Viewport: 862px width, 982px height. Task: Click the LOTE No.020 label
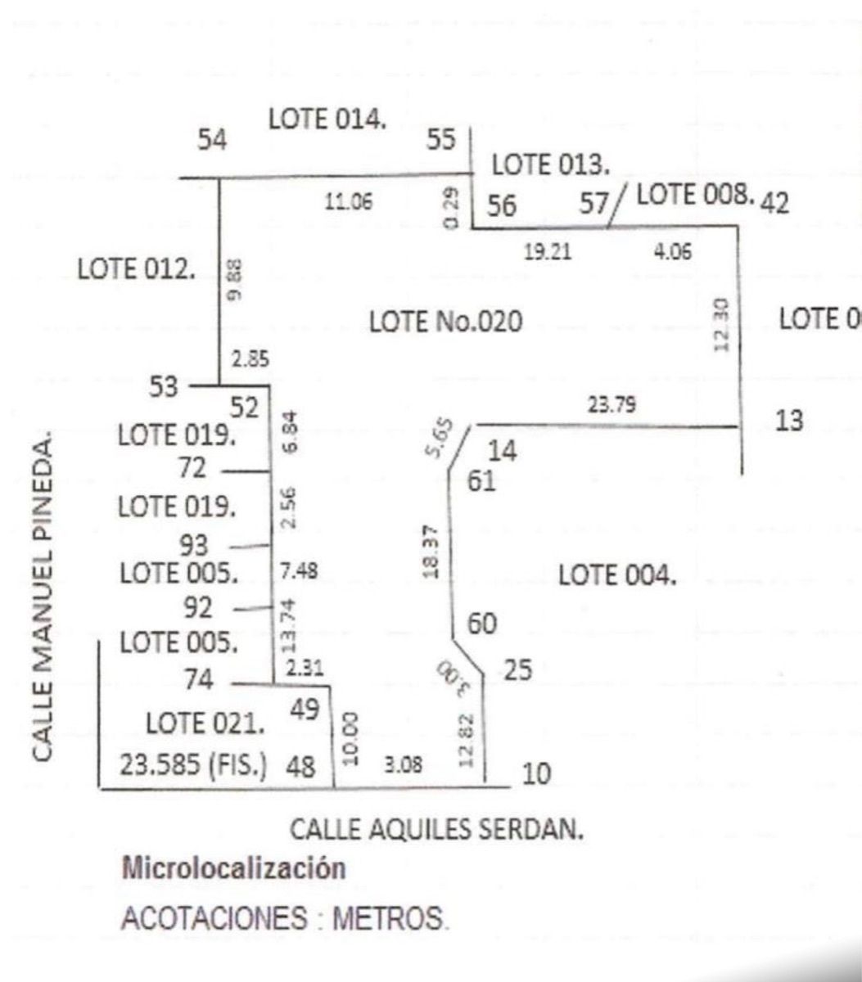pos(445,322)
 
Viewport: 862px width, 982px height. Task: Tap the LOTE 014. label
pos(327,119)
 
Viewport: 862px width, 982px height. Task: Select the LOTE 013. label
pos(550,164)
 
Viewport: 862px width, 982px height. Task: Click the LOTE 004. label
pos(617,575)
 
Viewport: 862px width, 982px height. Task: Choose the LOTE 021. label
pos(205,723)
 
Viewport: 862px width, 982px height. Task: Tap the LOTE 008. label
pos(694,195)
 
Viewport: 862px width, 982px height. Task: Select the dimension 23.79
pos(612,403)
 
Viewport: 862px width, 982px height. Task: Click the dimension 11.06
pos(350,204)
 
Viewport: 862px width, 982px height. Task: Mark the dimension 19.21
pos(548,252)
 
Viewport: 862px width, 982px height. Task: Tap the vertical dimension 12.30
pos(720,324)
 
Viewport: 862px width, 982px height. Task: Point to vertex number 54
pos(212,140)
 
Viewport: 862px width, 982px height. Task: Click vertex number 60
pos(481,624)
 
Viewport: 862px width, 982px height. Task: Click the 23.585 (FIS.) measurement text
pos(192,767)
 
